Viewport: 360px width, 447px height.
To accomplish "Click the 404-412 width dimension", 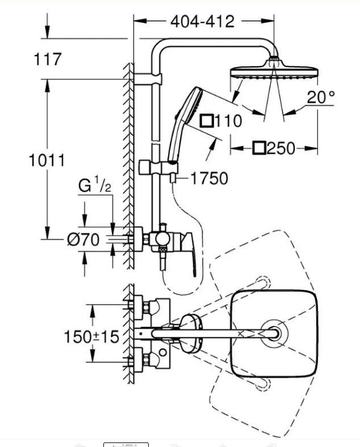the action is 202,22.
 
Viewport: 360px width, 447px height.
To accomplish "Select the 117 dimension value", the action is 48,59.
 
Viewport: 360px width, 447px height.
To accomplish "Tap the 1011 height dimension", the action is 47,160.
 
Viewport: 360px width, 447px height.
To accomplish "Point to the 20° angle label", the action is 321,97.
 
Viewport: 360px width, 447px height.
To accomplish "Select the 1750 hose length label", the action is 209,178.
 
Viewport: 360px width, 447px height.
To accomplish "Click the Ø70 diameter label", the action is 83,240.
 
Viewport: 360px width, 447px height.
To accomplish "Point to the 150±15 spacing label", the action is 91,337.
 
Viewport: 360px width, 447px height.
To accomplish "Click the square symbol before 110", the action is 207,121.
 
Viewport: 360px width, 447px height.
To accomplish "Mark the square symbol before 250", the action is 259,148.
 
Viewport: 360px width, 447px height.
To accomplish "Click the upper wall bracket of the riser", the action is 148,79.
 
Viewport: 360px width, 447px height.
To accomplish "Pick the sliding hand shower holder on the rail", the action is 158,168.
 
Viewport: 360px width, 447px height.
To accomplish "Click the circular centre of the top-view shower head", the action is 274,333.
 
